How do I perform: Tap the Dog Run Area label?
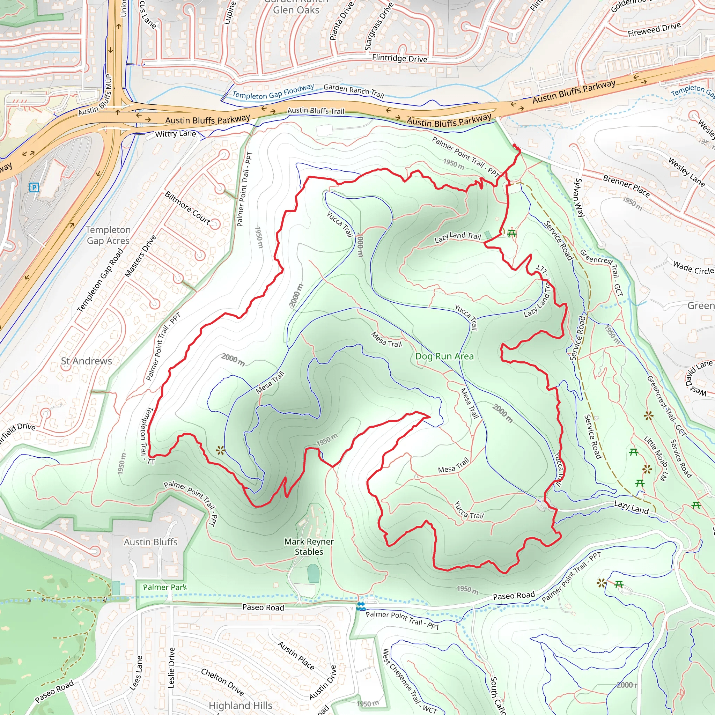coord(444,356)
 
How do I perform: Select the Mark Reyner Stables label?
coord(309,547)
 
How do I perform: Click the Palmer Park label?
coord(165,587)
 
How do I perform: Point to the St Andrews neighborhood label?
coord(86,361)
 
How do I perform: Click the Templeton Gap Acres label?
coord(108,235)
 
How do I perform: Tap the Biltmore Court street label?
coord(187,208)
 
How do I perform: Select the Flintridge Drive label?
coord(399,58)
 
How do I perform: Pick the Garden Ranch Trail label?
coord(354,91)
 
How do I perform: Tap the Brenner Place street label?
coord(626,186)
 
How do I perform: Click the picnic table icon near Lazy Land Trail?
coord(512,234)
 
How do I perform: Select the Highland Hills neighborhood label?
coord(241,705)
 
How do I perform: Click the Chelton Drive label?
coord(222,682)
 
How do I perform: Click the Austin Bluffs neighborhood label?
coord(150,542)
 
